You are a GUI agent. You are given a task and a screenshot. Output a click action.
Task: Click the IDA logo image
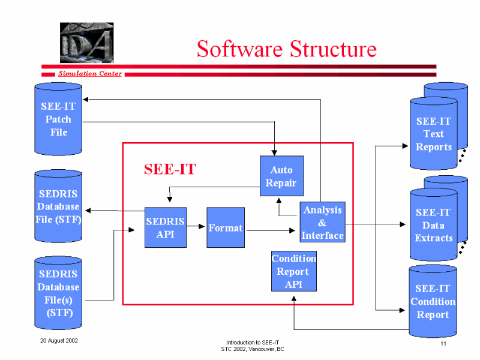pyautogui.click(x=86, y=43)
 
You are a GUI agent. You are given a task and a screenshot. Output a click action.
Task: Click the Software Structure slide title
pyautogui.click(x=287, y=49)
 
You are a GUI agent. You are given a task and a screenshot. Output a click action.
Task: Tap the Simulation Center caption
pyautogui.click(x=90, y=73)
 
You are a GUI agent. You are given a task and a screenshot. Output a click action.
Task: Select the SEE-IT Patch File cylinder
pyautogui.click(x=58, y=119)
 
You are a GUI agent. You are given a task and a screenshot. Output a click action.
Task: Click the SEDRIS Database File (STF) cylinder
pyautogui.click(x=58, y=206)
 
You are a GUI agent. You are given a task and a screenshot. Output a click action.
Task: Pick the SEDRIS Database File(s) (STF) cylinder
pyautogui.click(x=58, y=293)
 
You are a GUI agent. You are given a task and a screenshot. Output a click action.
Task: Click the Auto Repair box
pyautogui.click(x=281, y=176)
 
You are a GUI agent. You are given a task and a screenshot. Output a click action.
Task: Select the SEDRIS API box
pyautogui.click(x=166, y=227)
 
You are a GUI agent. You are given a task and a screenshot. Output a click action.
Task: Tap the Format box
pyautogui.click(x=226, y=227)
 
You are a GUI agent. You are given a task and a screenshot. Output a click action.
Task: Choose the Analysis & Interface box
pyautogui.click(x=322, y=222)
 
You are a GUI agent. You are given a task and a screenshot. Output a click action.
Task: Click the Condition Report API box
pyautogui.click(x=294, y=271)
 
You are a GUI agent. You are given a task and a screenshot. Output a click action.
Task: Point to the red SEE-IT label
pyautogui.click(x=170, y=169)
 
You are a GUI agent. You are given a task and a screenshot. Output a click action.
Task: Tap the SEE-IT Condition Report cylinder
pyautogui.click(x=433, y=301)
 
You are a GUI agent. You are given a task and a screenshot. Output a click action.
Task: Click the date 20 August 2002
pyautogui.click(x=59, y=341)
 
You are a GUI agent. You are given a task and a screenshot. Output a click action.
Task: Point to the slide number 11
pyautogui.click(x=443, y=343)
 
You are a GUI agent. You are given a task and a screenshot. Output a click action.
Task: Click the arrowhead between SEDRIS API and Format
pyautogui.click(x=202, y=226)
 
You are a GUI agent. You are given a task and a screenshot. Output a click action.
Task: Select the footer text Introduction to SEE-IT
pyautogui.click(x=253, y=343)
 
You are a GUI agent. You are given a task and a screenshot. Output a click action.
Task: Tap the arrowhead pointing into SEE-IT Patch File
pyautogui.click(x=86, y=100)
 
